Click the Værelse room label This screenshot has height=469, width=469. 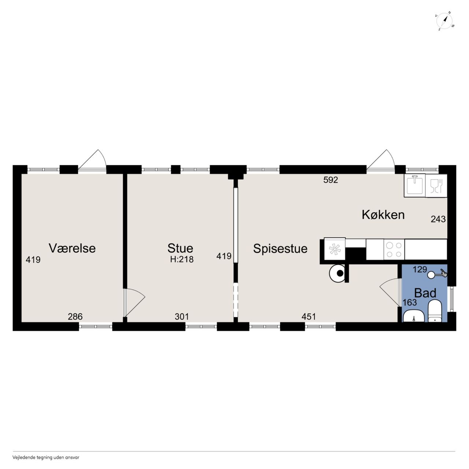tap(72, 248)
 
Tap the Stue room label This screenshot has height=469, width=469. tap(180, 248)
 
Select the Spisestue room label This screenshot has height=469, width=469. tap(280, 249)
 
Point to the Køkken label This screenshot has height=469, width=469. tap(383, 215)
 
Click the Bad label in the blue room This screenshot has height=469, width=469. tap(425, 293)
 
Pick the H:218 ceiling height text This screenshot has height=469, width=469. tap(182, 259)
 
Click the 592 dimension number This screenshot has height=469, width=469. tap(331, 180)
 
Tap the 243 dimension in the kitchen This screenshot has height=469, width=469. tap(438, 219)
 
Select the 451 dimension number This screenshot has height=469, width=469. tap(309, 317)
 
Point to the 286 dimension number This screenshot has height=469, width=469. tap(75, 317)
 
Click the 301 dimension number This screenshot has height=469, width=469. tap(182, 317)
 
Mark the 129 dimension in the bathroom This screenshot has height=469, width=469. tap(420, 269)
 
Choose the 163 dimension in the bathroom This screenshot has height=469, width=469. tap(410, 303)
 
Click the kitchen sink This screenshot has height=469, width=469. tap(414, 185)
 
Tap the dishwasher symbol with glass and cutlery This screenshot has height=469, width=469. tap(436, 186)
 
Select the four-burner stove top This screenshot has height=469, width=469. tap(394, 250)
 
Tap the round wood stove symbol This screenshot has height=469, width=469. tap(337, 273)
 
